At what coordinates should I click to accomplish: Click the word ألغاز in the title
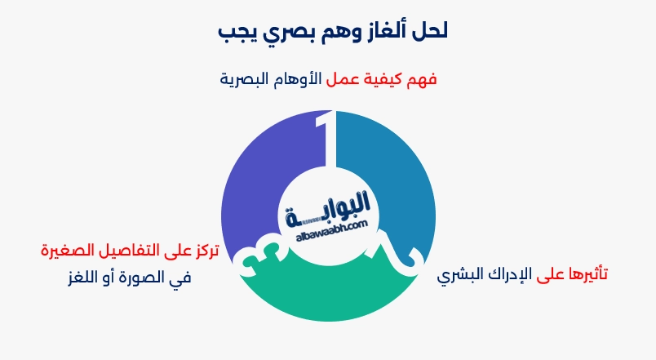click(x=383, y=32)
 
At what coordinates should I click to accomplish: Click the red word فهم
click(x=421, y=79)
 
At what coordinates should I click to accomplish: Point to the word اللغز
click(x=84, y=278)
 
